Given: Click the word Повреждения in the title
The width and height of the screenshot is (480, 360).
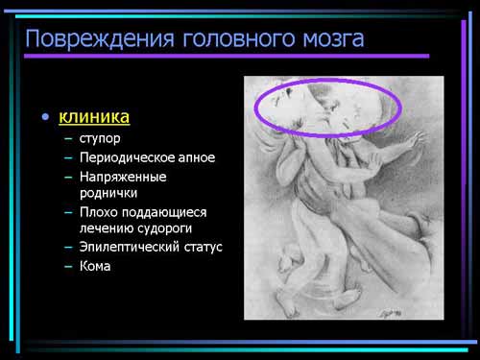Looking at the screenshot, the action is (x=100, y=39).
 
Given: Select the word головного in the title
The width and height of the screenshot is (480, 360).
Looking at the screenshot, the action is (x=238, y=39).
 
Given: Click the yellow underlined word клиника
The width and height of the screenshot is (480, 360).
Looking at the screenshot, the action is (x=94, y=116).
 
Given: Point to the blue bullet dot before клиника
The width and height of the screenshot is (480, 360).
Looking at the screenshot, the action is (x=45, y=116).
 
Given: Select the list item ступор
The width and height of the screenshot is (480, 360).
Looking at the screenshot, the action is (x=100, y=139).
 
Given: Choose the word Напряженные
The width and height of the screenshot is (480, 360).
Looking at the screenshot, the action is (x=123, y=177).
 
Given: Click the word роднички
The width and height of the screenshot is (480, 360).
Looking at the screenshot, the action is (x=108, y=193).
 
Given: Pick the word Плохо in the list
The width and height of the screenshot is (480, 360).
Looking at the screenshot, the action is (x=99, y=212).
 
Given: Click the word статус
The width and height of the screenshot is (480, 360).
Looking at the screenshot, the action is (x=204, y=247).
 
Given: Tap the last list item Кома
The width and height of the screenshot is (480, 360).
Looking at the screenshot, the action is (x=95, y=266).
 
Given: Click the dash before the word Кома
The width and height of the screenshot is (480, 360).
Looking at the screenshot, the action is (x=68, y=266).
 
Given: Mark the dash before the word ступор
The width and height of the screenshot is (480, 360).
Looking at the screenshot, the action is (x=68, y=139).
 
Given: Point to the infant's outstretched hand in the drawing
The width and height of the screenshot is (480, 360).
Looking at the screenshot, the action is (x=416, y=140).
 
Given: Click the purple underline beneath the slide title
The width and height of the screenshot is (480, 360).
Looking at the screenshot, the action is (x=227, y=57).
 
